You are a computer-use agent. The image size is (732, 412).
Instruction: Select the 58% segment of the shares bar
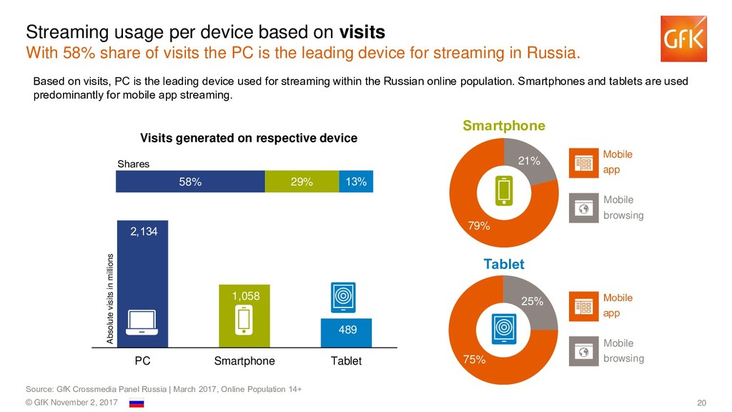(x=190, y=182)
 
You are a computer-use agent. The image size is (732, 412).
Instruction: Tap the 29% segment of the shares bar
(x=302, y=182)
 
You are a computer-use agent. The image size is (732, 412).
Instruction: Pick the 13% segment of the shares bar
(x=356, y=182)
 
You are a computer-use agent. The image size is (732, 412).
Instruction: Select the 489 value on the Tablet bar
(x=346, y=329)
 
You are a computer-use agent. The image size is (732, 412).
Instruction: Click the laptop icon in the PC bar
(x=142, y=324)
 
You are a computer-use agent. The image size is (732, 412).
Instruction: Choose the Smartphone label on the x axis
(x=244, y=361)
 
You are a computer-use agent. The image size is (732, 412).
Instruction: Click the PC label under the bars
(x=142, y=361)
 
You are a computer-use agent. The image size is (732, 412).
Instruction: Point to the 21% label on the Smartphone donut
(x=529, y=161)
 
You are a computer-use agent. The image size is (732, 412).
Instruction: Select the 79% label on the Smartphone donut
(x=478, y=226)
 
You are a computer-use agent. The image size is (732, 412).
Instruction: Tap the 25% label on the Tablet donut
(x=533, y=301)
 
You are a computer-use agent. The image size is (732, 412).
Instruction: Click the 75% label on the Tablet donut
(x=475, y=360)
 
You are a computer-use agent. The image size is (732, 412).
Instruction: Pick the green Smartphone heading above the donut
(x=504, y=126)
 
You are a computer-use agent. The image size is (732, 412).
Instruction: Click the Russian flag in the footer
(x=136, y=403)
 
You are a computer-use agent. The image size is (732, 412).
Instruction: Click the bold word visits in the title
(x=362, y=32)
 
